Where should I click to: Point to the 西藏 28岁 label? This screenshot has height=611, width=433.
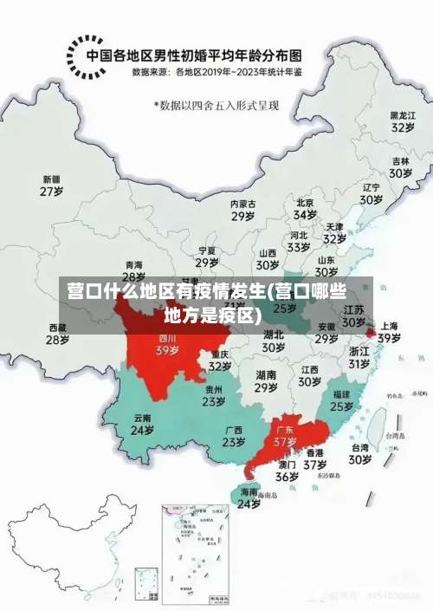(x=57, y=334)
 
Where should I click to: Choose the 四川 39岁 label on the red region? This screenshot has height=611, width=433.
(x=167, y=345)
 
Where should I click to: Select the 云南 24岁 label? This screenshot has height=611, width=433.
(x=142, y=424)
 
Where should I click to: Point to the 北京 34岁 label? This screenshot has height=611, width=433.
(x=305, y=208)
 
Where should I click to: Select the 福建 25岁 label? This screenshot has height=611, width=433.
(x=342, y=400)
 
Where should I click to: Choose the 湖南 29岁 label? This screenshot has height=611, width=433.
(x=266, y=381)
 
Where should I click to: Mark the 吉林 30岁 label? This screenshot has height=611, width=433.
(x=400, y=167)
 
